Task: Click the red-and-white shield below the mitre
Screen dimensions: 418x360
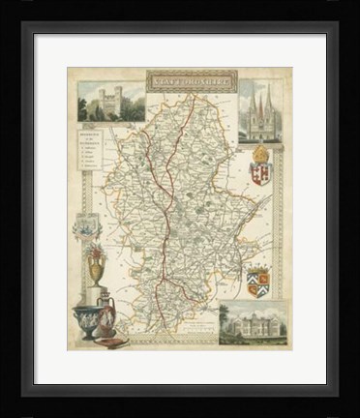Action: tap(258, 174)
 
